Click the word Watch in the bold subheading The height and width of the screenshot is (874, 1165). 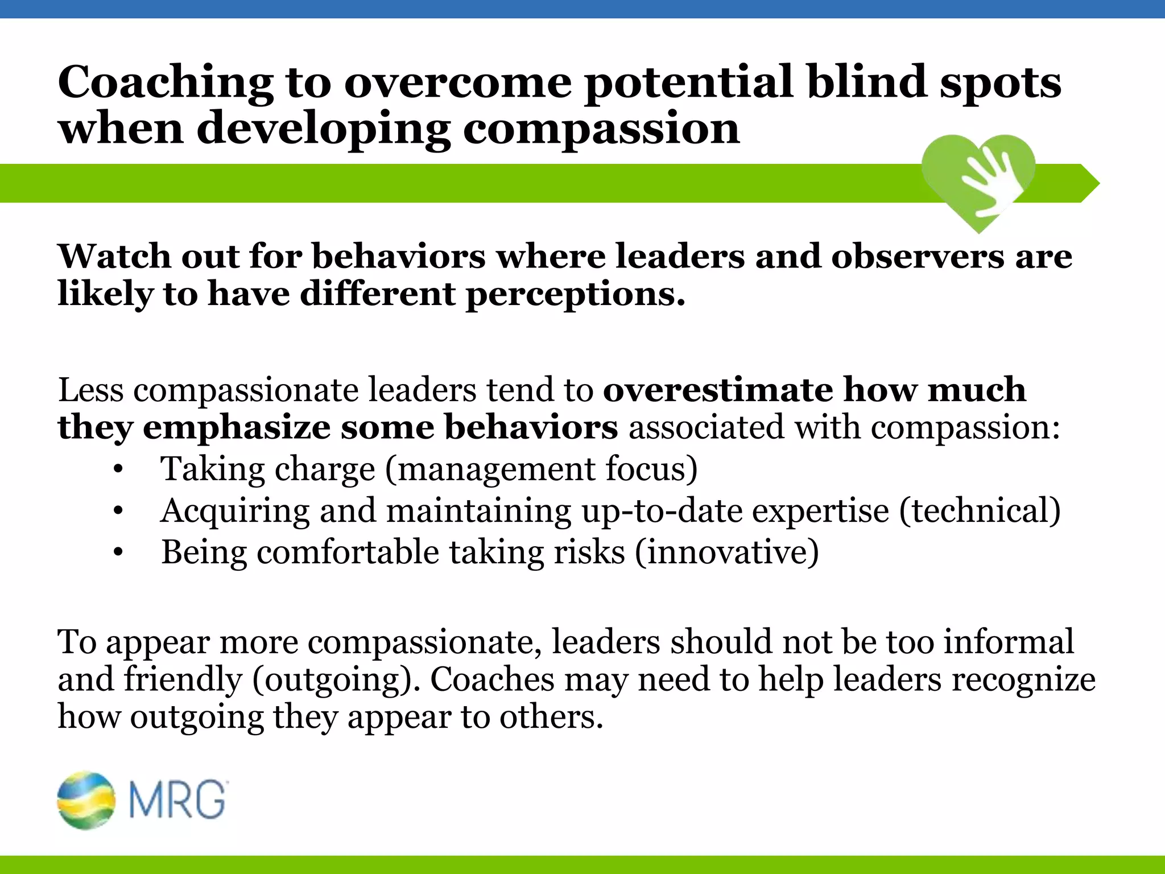114,257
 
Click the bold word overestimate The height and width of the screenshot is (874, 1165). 717,390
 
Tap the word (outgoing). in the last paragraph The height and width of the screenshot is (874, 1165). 336,680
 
